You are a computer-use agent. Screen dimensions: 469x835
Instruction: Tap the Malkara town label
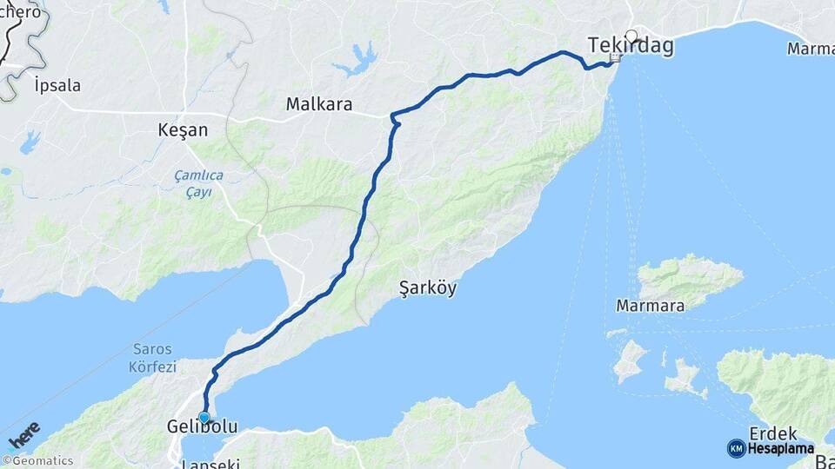tap(319, 105)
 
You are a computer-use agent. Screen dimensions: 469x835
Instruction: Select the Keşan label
tap(183, 130)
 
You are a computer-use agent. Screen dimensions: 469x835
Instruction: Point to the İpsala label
tap(57, 85)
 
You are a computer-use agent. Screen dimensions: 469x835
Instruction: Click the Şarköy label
tap(428, 288)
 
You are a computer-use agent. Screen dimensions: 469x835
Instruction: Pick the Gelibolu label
tap(202, 427)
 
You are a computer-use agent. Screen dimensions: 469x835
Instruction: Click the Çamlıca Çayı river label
tap(198, 183)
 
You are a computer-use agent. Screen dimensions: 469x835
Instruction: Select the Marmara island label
tap(650, 306)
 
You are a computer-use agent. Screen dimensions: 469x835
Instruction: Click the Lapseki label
tap(210, 463)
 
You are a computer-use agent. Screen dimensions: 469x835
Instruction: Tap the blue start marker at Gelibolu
tap(204, 417)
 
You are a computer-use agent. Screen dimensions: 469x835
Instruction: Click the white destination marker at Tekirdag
tap(631, 36)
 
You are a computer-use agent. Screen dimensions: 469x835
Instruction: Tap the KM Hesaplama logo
tap(771, 449)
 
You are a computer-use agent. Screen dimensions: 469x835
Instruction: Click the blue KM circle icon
tap(736, 449)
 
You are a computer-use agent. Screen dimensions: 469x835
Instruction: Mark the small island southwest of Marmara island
tap(631, 360)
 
